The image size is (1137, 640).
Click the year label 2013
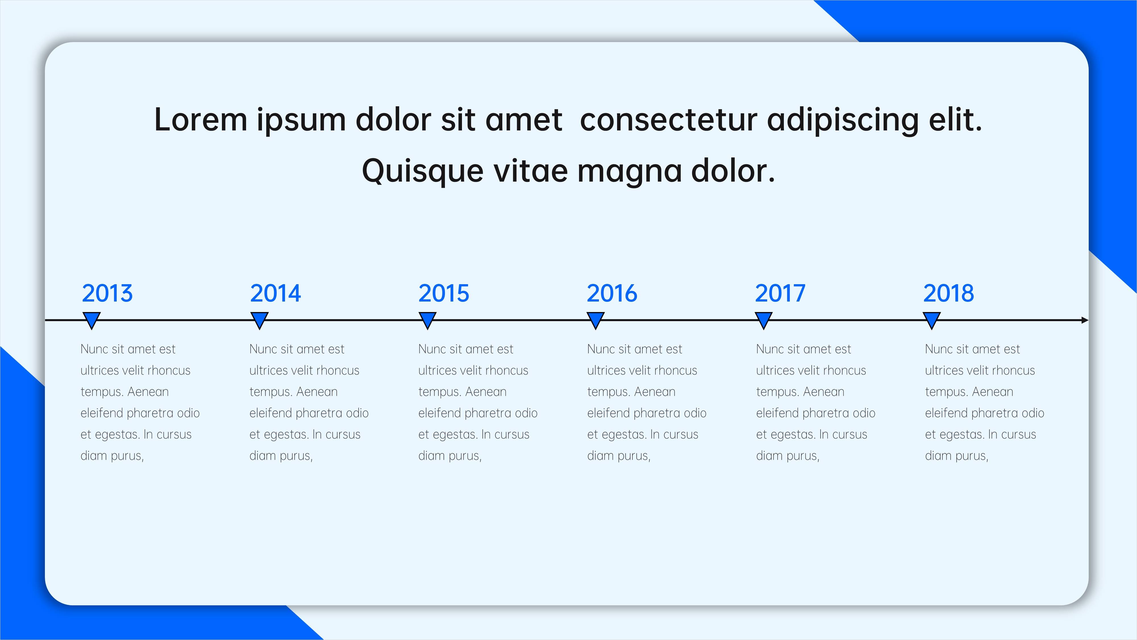click(x=107, y=294)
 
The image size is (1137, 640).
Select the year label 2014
click(x=275, y=294)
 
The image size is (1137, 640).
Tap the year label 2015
click(x=443, y=294)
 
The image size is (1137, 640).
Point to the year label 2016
click(x=612, y=294)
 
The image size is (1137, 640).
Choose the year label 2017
click(x=780, y=294)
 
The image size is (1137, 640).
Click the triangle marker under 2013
click(x=91, y=319)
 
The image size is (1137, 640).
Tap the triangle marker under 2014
click(x=260, y=319)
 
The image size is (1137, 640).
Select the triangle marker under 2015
click(x=427, y=319)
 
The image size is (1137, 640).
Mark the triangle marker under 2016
click(x=595, y=319)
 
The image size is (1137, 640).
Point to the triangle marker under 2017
click(x=764, y=319)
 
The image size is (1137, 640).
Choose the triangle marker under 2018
click(x=932, y=319)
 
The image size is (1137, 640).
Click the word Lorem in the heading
click(x=200, y=120)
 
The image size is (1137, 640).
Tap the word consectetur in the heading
click(x=668, y=120)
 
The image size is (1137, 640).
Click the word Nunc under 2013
click(x=94, y=349)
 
